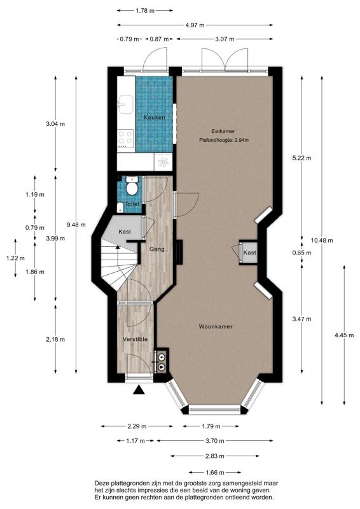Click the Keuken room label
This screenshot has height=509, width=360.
155,118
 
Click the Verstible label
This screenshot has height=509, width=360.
135,339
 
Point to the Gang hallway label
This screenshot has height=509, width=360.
157,249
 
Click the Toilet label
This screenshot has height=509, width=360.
132,204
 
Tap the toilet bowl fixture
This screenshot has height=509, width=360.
132,187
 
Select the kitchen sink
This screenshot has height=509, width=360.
125,104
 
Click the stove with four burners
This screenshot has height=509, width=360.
125,139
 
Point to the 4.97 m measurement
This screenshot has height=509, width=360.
195,25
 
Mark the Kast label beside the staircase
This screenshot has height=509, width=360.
125,232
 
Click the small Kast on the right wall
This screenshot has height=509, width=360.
248,253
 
